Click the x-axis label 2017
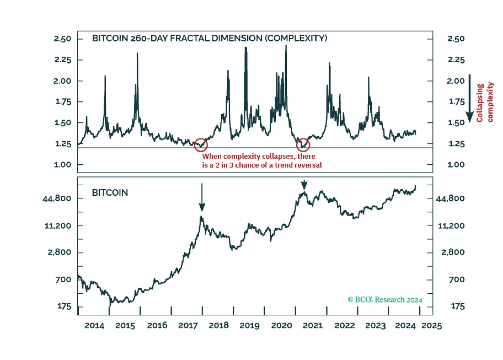click(x=188, y=325)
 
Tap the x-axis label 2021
click(x=313, y=325)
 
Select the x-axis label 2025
click(x=432, y=325)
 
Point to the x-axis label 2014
click(x=94, y=325)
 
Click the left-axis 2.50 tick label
click(x=63, y=39)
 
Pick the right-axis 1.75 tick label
click(x=456, y=102)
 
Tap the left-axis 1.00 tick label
click(x=63, y=165)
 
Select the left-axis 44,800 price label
click(x=57, y=198)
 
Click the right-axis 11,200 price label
click(x=451, y=226)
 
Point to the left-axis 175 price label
click(x=64, y=306)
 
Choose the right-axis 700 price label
click(x=456, y=279)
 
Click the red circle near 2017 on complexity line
click(x=201, y=145)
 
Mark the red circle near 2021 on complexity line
click(x=303, y=145)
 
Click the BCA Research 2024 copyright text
click(x=385, y=300)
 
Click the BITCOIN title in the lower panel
click(x=110, y=193)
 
